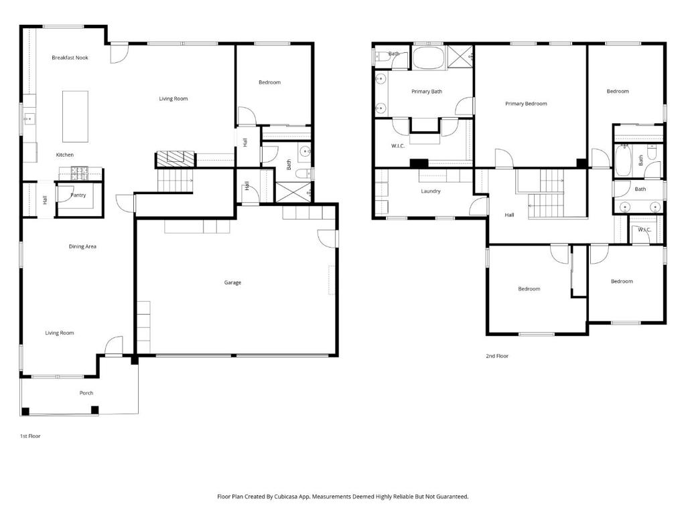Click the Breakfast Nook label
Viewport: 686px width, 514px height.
tap(70, 58)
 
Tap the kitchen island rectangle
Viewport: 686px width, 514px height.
tap(75, 116)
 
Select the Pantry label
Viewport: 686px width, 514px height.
tap(78, 195)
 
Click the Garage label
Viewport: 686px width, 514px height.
tap(232, 283)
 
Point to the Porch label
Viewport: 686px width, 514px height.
tap(86, 393)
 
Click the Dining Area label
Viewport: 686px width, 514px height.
tap(82, 246)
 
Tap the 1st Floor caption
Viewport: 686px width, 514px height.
tap(30, 436)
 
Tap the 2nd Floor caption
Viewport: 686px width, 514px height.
tap(497, 356)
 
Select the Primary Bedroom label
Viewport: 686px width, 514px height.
tap(526, 104)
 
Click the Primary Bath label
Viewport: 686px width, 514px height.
tap(427, 92)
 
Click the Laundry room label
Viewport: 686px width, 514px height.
tap(431, 191)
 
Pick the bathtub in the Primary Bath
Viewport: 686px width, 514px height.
tap(428, 58)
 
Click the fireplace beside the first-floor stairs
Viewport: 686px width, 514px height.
tap(175, 159)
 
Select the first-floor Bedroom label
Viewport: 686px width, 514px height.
tap(269, 82)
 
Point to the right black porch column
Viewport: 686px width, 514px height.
tap(94, 410)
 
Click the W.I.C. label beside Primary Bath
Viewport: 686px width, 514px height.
tap(398, 146)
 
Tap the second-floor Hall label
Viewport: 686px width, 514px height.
tap(509, 215)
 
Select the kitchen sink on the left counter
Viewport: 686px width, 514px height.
tap(29, 118)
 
